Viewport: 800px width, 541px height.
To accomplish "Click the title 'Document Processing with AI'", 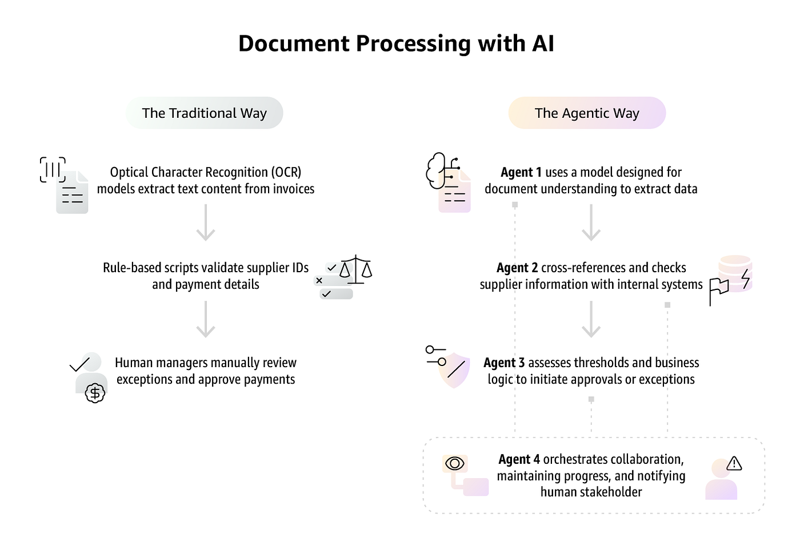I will [x=396, y=44].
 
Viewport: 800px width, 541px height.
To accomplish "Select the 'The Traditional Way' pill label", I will [x=204, y=113].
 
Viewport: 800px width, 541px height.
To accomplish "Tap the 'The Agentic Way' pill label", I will [x=587, y=113].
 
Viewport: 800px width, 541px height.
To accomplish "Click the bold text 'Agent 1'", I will [x=521, y=172].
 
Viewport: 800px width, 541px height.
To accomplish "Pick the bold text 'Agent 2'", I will [x=517, y=268].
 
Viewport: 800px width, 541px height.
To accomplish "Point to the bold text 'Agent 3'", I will [x=503, y=363].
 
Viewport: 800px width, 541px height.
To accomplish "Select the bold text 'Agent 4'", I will [x=519, y=459].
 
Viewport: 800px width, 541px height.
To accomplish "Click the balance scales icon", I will [x=355, y=269].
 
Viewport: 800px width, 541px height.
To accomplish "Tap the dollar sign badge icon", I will [x=95, y=393].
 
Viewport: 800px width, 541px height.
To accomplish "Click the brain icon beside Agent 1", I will [x=437, y=170].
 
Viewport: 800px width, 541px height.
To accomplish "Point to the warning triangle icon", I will [x=734, y=464].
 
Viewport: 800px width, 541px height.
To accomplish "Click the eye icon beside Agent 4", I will [x=455, y=463].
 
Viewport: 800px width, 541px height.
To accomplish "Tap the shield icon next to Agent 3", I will [x=454, y=370].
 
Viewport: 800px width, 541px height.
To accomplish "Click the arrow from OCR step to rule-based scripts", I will [x=205, y=222].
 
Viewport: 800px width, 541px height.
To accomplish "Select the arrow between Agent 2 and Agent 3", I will [x=591, y=319].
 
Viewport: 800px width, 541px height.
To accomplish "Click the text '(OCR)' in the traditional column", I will [x=286, y=172].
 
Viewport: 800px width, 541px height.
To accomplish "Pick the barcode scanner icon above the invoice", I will [x=53, y=169].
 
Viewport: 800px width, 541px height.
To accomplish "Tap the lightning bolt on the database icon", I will [x=745, y=278].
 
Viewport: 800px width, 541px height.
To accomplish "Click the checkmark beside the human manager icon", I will [x=79, y=365].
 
